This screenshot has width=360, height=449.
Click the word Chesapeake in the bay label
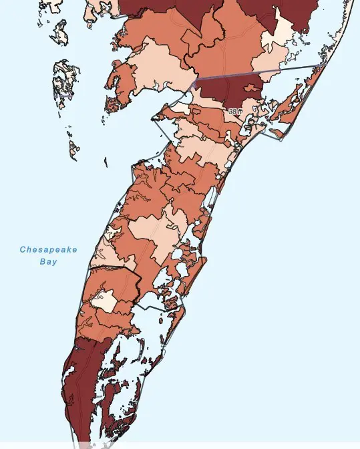(x=48, y=250)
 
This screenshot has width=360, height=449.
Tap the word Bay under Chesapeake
(x=48, y=262)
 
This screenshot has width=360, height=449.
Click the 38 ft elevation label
(x=234, y=112)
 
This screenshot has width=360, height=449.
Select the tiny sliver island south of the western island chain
(x=106, y=161)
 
